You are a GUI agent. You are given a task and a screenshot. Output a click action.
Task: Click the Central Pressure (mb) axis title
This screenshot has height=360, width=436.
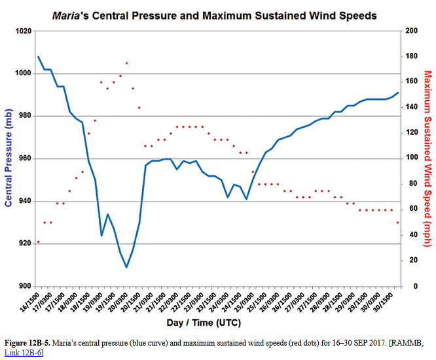click(x=9, y=158)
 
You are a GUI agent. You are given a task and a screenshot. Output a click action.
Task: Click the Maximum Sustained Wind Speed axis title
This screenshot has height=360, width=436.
click(x=427, y=158)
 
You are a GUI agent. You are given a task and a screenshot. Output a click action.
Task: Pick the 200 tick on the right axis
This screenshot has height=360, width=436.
click(x=412, y=31)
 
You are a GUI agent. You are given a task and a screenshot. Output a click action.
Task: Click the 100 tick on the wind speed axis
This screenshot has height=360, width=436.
click(x=412, y=158)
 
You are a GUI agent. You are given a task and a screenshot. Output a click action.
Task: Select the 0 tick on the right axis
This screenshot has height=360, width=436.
click(x=408, y=287)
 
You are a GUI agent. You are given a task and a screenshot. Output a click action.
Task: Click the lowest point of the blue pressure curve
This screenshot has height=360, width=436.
click(x=126, y=267)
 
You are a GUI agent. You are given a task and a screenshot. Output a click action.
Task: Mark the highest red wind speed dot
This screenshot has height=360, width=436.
click(x=126, y=63)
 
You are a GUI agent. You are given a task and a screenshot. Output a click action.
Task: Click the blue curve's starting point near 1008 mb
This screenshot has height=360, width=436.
click(x=38, y=57)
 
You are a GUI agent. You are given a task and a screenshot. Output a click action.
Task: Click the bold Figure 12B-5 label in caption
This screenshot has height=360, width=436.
click(x=28, y=343)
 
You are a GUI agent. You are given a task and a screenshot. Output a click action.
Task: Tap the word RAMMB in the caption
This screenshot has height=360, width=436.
click(x=409, y=343)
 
